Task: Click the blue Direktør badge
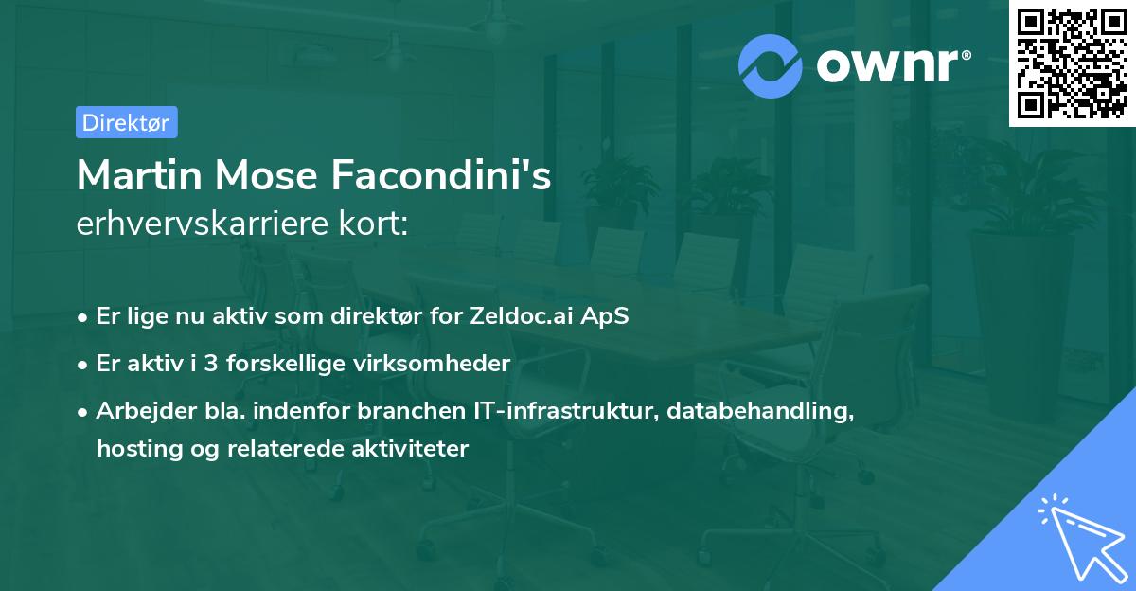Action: pos(127,122)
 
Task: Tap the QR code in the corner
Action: pos(1072,63)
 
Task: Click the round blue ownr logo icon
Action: pos(770,66)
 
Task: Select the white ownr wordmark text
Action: pos(894,65)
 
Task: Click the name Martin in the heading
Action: pos(139,175)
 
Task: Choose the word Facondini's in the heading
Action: pos(441,175)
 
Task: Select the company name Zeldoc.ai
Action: pos(520,316)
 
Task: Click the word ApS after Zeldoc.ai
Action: pos(605,317)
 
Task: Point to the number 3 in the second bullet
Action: pos(211,364)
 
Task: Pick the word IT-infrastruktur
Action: pos(566,410)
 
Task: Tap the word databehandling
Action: pos(760,410)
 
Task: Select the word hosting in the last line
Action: pos(139,449)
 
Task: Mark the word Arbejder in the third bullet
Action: pos(146,411)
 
